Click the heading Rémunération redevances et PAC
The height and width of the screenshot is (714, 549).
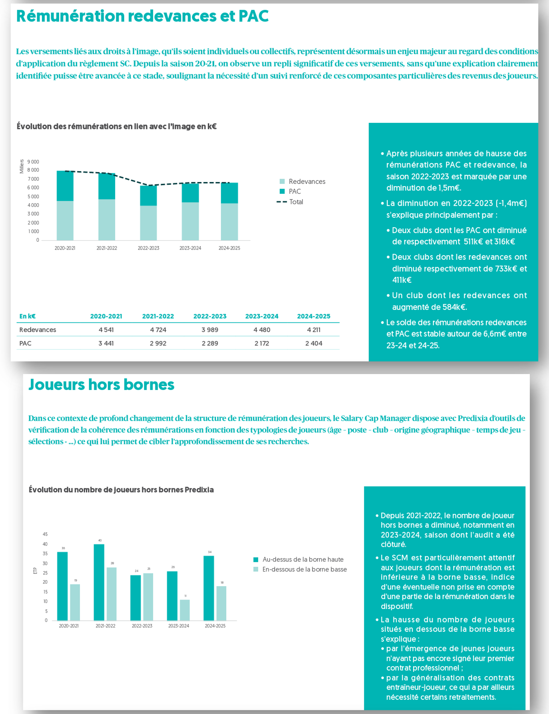tap(142, 16)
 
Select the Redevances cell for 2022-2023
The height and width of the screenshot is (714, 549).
tap(210, 330)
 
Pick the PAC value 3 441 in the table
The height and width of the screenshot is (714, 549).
tap(106, 344)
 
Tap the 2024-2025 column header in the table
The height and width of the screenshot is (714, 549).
tap(314, 316)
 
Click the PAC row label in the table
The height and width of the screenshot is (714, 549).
tap(25, 344)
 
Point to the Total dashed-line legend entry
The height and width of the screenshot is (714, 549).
tap(290, 202)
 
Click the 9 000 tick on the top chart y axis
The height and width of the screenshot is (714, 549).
tap(33, 162)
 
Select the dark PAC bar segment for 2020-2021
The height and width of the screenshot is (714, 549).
tap(65, 186)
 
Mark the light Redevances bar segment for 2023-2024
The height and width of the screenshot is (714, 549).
tap(190, 221)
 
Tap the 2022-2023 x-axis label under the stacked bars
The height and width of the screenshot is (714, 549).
tap(148, 248)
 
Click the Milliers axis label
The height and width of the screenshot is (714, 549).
tap(21, 166)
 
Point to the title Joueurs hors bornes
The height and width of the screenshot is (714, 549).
tap(101, 385)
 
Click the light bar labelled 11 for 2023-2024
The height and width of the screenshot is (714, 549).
tap(185, 610)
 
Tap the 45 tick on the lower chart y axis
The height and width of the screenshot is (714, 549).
tap(45, 534)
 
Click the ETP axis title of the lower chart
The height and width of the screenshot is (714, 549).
tap(35, 571)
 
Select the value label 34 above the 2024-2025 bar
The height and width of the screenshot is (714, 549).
tap(209, 552)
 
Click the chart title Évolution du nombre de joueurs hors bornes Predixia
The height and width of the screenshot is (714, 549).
tap(121, 490)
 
